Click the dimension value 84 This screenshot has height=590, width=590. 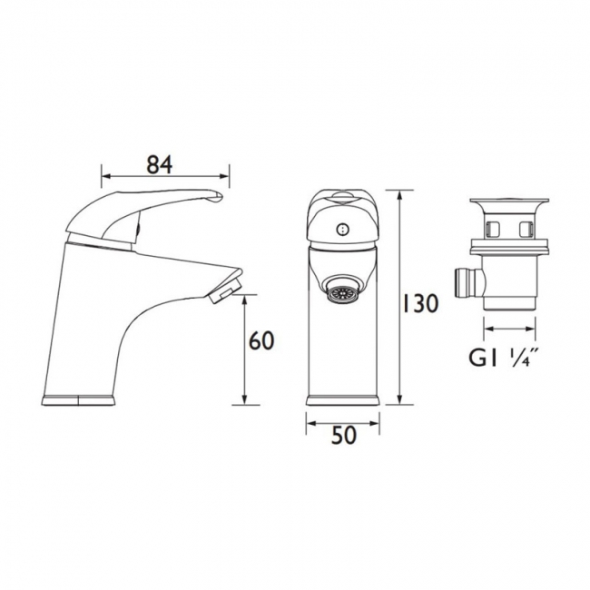pyautogui.click(x=159, y=165)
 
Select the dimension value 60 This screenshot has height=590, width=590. pyautogui.click(x=261, y=341)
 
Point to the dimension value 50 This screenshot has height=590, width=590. pyautogui.click(x=342, y=436)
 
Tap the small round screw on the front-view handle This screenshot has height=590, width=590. pyautogui.click(x=341, y=231)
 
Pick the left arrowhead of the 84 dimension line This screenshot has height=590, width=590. pyautogui.click(x=103, y=177)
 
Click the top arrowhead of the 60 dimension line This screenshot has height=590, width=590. pyautogui.click(x=245, y=301)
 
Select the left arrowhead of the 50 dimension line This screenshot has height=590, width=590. pyautogui.click(x=309, y=420)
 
